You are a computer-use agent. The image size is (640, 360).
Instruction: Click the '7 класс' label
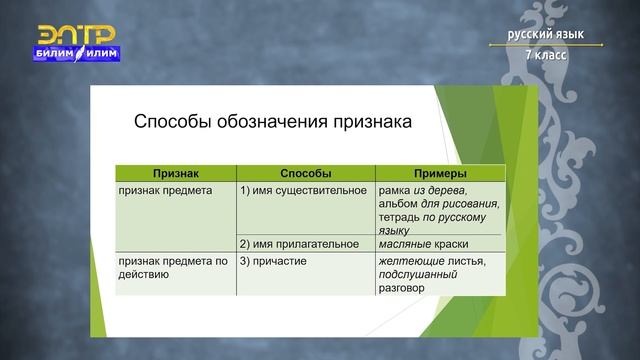546,54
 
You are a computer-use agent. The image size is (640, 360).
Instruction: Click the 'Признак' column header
175,173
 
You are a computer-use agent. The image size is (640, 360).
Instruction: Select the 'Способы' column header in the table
306,173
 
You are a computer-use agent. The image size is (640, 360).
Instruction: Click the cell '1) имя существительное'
296,189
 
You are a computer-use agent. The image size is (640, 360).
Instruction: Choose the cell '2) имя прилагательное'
298,244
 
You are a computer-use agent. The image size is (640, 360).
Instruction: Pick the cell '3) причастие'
273,261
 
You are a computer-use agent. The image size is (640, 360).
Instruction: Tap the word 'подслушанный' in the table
418,274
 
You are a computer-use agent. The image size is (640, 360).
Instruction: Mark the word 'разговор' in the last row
402,288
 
